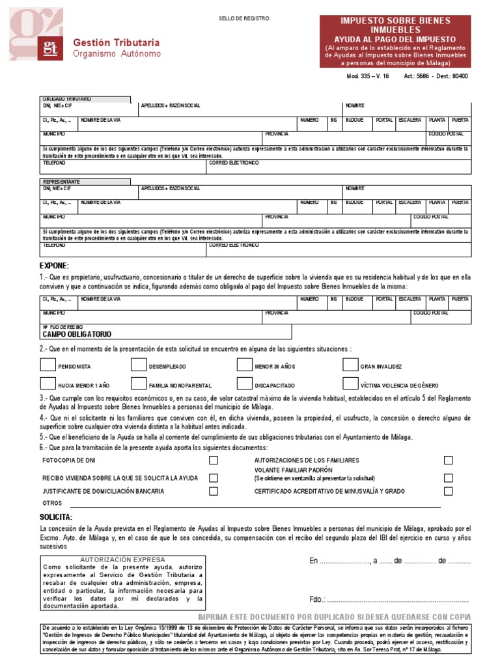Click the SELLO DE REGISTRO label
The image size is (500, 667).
pyautogui.click(x=243, y=18)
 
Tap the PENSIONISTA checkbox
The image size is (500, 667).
pyautogui.click(x=48, y=365)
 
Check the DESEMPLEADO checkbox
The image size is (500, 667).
pyautogui.click(x=138, y=365)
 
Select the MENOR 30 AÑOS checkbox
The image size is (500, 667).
pyautogui.click(x=244, y=365)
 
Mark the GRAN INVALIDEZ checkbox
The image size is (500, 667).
pyautogui.click(x=350, y=365)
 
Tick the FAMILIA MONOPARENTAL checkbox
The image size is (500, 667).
pyautogui.click(x=138, y=384)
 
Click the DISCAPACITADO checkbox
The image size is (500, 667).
pyautogui.click(x=244, y=384)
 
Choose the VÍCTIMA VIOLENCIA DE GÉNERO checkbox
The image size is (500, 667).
pyautogui.click(x=350, y=384)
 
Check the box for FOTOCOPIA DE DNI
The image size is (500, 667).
pyautogui.click(x=214, y=461)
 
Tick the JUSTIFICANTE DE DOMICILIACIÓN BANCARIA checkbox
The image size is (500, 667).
pyautogui.click(x=214, y=491)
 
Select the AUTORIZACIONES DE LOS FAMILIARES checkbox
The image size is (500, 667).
pyautogui.click(x=448, y=461)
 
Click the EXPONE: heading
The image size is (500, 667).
pyautogui.click(x=54, y=266)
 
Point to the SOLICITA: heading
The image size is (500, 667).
pyautogui.click(x=56, y=517)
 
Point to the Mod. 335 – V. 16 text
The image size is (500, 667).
pyautogui.click(x=368, y=76)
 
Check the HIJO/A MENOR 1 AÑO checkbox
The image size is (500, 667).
pyautogui.click(x=48, y=384)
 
